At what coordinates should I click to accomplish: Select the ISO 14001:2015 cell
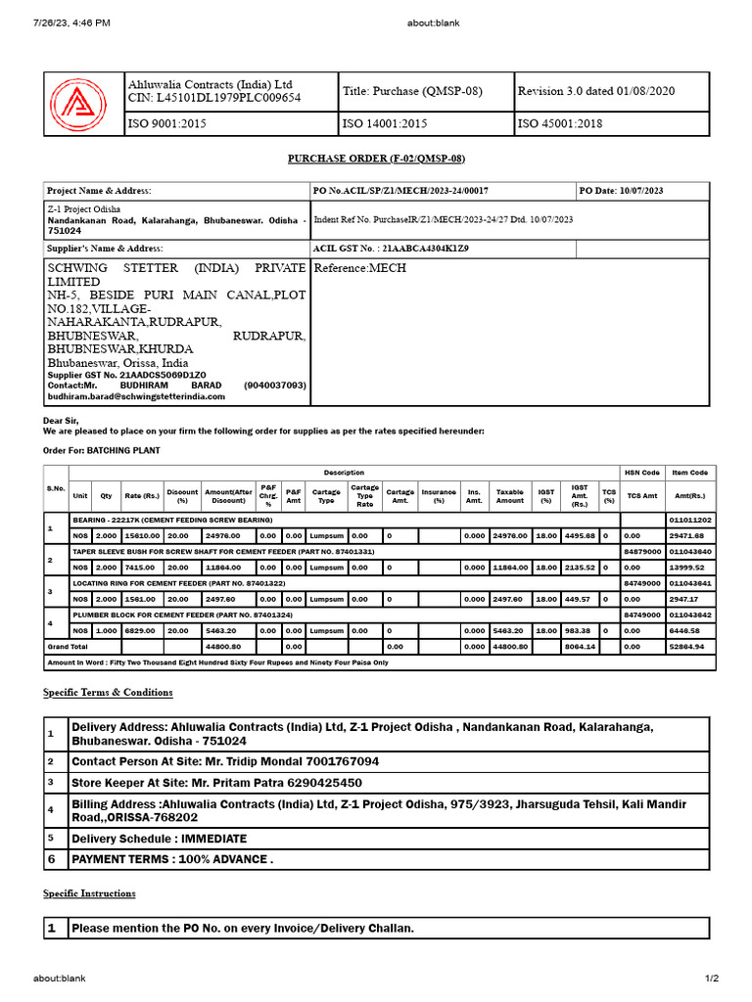click(385, 124)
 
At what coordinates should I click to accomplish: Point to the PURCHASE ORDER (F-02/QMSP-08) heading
click(375, 158)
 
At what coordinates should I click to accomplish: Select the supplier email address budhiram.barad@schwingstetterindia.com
click(136, 396)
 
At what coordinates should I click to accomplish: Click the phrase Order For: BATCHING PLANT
click(101, 450)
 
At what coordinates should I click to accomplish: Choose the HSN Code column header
click(642, 473)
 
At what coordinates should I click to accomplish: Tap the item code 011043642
click(690, 614)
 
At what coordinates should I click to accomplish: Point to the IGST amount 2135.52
click(581, 568)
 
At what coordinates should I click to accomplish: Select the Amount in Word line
click(217, 662)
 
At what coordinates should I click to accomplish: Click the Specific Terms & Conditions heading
click(108, 693)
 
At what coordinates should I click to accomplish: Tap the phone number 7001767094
click(333, 761)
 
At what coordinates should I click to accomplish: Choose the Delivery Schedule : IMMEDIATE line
click(159, 839)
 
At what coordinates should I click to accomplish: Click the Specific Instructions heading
click(89, 893)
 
